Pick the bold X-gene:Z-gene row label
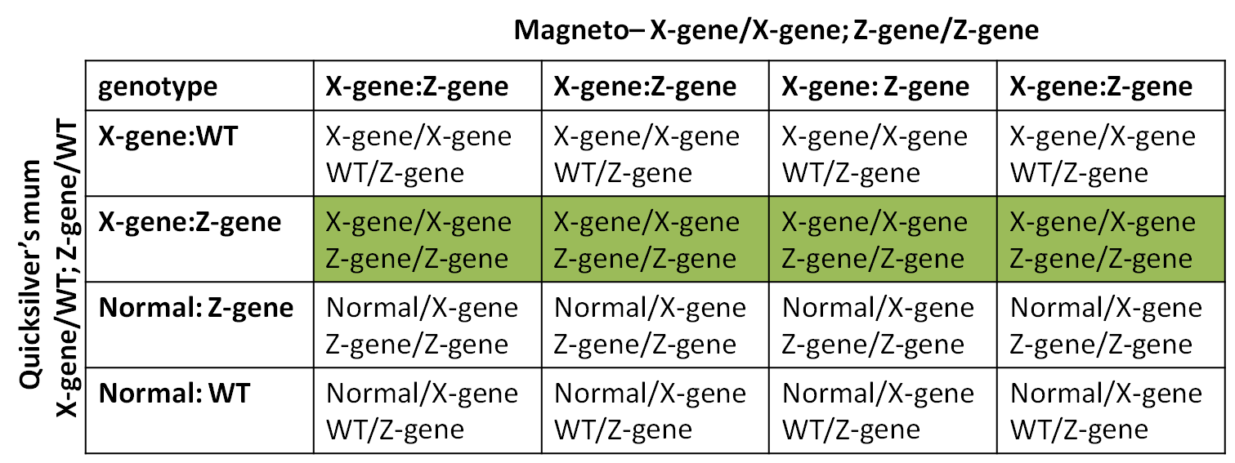[190, 222]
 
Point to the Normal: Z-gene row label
[195, 308]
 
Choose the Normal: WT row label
[173, 394]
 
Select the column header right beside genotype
[418, 87]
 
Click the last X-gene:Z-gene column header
[1101, 87]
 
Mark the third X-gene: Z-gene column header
[875, 87]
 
